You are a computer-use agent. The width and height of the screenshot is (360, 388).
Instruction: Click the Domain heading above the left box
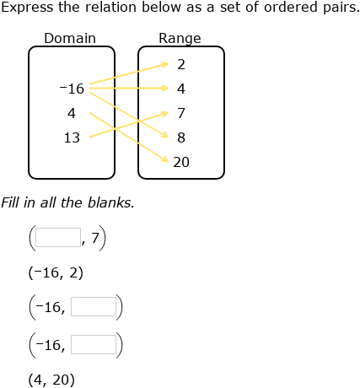tap(70, 39)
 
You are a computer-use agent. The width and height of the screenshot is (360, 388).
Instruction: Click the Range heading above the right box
tap(180, 39)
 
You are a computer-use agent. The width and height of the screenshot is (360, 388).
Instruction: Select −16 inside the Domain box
tap(72, 88)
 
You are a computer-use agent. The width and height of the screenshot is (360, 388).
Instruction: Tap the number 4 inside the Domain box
tap(72, 112)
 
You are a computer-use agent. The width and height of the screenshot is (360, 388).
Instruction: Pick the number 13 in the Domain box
tap(72, 137)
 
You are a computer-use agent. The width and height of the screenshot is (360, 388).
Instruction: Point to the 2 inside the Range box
tap(181, 64)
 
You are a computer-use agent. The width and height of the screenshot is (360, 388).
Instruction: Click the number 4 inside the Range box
tap(181, 88)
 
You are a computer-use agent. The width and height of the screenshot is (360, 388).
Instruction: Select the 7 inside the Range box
tap(181, 112)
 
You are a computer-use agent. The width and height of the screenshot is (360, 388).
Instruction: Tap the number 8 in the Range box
tap(181, 137)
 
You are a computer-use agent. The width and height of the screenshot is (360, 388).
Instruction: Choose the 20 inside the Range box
tap(181, 162)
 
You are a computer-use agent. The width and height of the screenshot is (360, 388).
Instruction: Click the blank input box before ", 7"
tap(58, 238)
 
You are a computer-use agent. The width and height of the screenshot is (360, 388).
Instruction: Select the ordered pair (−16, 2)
tap(56, 272)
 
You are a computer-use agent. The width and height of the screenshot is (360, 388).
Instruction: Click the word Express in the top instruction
tap(25, 9)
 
